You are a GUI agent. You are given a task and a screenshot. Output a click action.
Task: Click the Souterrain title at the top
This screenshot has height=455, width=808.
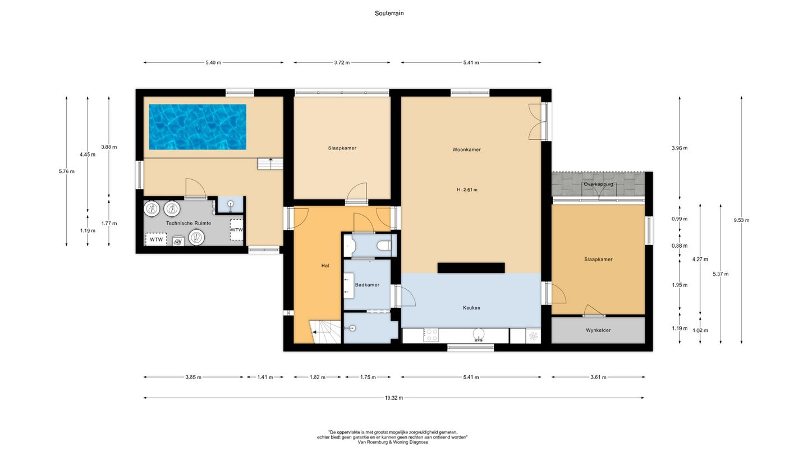[x=389, y=13]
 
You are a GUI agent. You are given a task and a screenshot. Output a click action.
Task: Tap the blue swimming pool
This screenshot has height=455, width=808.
[x=198, y=127]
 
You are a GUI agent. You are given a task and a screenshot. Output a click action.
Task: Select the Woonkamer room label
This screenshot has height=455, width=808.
[x=466, y=149]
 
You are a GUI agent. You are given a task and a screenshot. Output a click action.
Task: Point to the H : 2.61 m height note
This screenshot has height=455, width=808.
[x=467, y=190]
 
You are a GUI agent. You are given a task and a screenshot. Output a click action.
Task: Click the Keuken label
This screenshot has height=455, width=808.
[x=471, y=308]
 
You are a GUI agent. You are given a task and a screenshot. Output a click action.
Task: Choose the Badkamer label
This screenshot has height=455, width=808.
[x=367, y=285]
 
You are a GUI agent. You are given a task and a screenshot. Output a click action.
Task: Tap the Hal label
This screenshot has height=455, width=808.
[x=325, y=266]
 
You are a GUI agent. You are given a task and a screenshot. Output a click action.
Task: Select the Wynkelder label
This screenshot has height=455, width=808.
[x=598, y=330]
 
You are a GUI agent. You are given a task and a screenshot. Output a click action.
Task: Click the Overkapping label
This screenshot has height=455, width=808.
[x=598, y=184]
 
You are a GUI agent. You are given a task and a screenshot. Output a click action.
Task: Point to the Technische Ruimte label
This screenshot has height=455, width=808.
[x=189, y=223]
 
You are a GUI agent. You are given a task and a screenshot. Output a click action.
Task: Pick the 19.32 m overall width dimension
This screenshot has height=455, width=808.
[x=394, y=398]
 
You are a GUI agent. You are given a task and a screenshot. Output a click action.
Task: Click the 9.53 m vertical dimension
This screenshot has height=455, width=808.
[x=741, y=220]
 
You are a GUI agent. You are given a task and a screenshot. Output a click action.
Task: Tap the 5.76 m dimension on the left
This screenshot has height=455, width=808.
[x=66, y=171]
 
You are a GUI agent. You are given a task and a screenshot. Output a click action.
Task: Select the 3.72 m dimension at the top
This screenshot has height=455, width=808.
[x=342, y=62]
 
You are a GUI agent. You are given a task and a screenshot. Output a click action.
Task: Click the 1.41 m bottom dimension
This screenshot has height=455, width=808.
[x=265, y=377]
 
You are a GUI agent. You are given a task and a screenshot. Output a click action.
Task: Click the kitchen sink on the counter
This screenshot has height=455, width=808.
[x=479, y=335]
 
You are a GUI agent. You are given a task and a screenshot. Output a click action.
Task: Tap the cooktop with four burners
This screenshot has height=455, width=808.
[x=431, y=335]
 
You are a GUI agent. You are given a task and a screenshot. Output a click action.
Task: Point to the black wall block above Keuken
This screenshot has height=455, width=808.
[x=471, y=268]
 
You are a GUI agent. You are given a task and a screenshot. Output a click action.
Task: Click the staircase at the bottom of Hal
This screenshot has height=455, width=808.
[x=325, y=332]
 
